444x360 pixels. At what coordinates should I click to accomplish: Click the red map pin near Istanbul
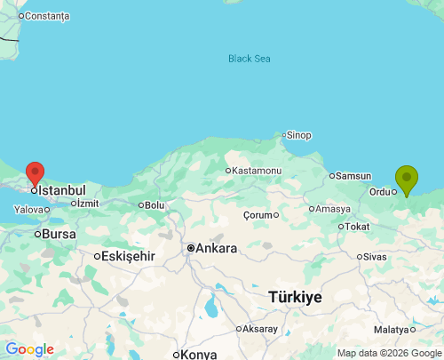(35, 173)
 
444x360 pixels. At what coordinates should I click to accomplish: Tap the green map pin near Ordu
(407, 179)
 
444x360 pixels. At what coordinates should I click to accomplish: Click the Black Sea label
(249, 59)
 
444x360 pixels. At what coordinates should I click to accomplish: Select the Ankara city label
(216, 248)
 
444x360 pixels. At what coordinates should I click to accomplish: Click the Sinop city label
(297, 135)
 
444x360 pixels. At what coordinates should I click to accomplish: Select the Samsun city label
(353, 176)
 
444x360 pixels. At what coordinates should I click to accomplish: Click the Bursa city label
(59, 234)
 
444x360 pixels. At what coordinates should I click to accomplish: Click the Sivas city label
(376, 256)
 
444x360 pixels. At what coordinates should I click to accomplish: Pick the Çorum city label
(260, 215)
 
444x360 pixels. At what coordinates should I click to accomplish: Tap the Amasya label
(333, 209)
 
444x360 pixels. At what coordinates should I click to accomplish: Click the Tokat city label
(357, 227)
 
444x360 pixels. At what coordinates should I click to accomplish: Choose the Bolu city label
(155, 204)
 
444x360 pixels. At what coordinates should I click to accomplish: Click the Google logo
(29, 349)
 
